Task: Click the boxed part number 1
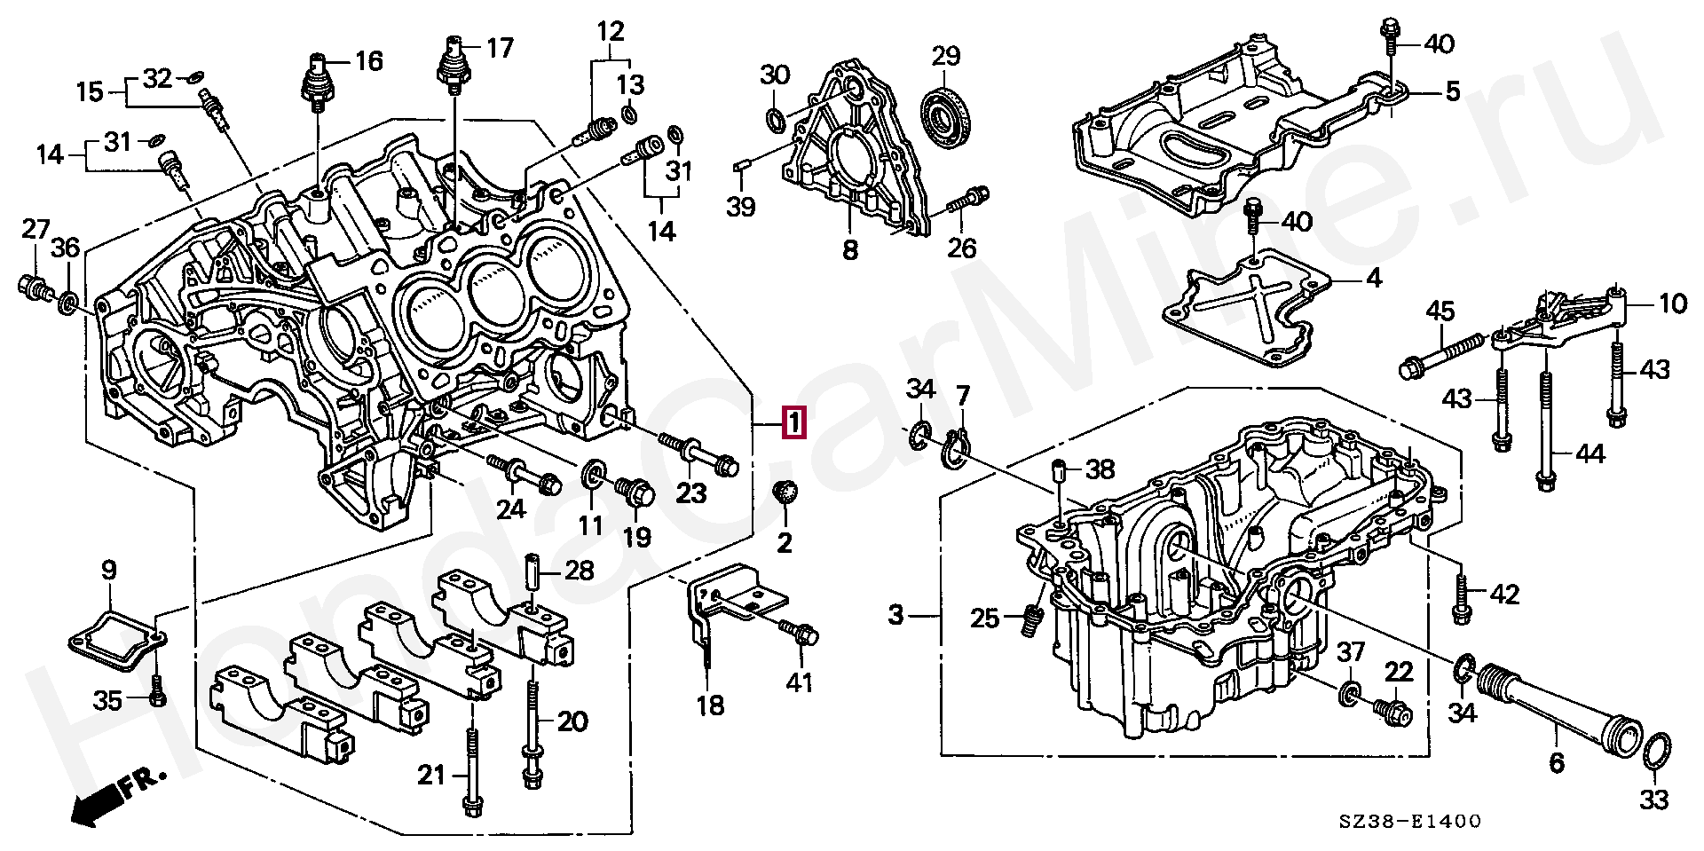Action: tap(793, 422)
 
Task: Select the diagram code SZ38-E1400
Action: tap(1410, 822)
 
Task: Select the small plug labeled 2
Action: tap(785, 492)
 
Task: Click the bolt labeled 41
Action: tap(801, 634)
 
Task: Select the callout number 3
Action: tap(896, 614)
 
